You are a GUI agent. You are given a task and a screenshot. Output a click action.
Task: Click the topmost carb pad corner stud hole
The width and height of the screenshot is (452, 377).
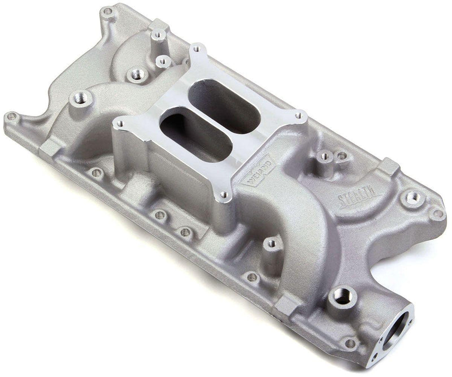coord(196,51)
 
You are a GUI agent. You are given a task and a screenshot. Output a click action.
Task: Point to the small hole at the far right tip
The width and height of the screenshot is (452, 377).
coord(436,214)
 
